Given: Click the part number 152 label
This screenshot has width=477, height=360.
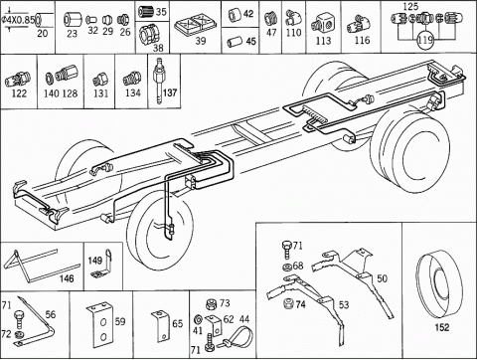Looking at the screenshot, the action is click(x=442, y=327).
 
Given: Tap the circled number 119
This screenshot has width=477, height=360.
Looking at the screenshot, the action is click(x=425, y=40).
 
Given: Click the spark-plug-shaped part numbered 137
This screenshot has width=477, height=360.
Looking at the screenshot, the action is click(x=160, y=81).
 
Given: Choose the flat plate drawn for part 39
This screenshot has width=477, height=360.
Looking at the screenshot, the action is click(x=196, y=26).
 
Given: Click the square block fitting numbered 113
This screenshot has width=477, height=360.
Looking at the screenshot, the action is click(x=323, y=24).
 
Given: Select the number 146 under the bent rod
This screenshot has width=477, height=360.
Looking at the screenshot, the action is click(x=67, y=278).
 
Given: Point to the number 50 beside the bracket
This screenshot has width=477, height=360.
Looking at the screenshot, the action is click(x=382, y=278).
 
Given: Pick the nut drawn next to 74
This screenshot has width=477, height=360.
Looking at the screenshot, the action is click(x=289, y=303).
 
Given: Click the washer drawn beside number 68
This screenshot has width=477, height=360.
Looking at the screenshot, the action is click(x=287, y=267).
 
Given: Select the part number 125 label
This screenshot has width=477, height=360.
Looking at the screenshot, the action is click(x=410, y=6).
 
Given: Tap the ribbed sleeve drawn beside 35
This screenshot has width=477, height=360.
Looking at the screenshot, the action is click(x=145, y=12).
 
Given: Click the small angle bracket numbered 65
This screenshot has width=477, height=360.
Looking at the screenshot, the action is click(x=161, y=326).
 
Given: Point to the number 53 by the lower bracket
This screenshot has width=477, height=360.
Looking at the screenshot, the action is click(x=344, y=304).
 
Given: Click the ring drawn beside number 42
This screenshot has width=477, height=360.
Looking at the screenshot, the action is click(x=235, y=14).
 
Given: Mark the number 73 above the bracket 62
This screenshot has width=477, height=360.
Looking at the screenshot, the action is click(x=225, y=303).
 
